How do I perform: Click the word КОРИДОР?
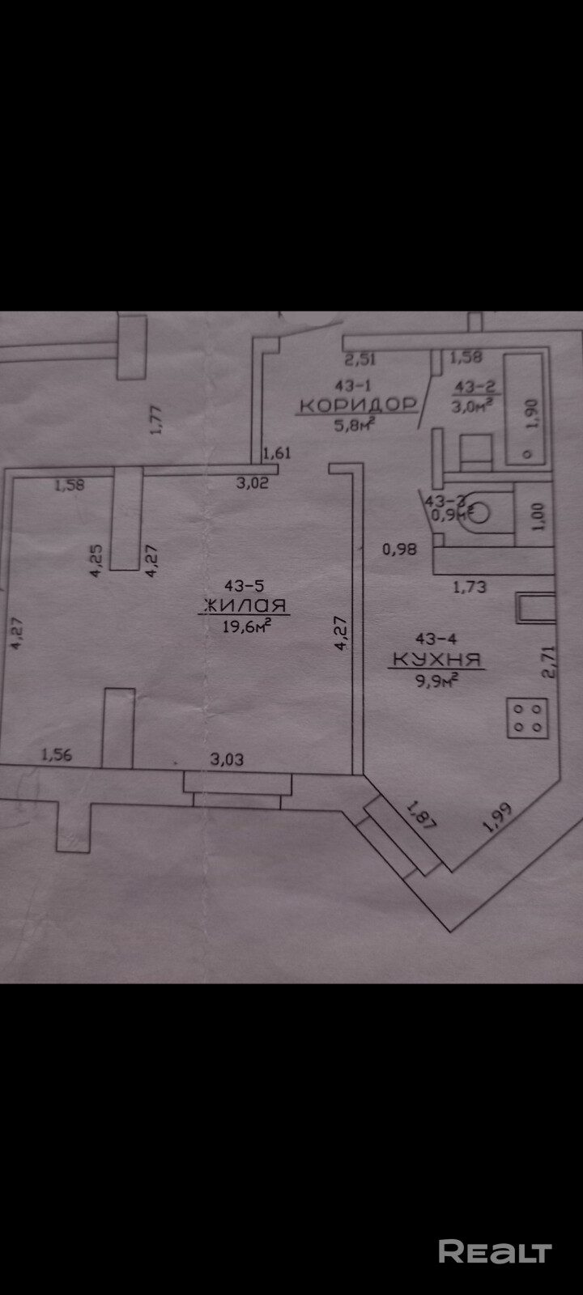click(356, 404)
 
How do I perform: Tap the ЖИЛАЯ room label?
click(244, 605)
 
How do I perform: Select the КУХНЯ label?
click(437, 660)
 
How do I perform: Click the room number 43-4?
click(436, 639)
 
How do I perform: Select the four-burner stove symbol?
click(528, 718)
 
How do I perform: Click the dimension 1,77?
click(157, 419)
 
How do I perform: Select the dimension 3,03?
click(227, 759)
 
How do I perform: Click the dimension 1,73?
click(469, 585)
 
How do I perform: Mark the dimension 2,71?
click(551, 660)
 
